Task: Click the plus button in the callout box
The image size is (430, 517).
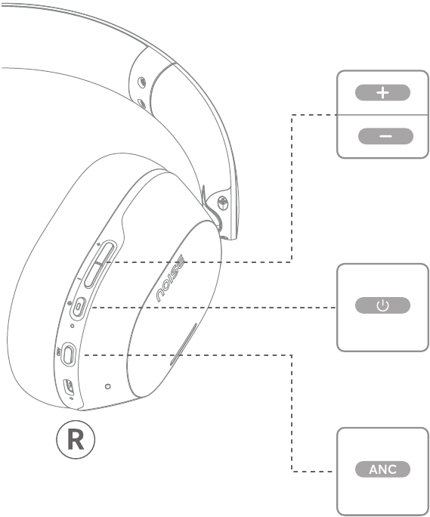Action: click(x=382, y=93)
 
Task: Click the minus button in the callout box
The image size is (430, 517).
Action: click(x=385, y=136)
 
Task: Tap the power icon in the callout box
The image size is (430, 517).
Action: click(x=382, y=305)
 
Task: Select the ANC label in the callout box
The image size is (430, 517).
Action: click(x=382, y=469)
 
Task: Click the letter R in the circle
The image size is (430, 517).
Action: click(x=76, y=439)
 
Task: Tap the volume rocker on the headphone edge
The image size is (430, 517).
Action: click(x=100, y=265)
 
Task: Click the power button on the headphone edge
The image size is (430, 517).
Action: click(x=79, y=307)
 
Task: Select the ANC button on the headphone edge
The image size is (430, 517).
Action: click(x=68, y=354)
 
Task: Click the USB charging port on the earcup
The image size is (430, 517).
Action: click(x=69, y=387)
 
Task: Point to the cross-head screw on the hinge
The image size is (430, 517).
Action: click(x=223, y=203)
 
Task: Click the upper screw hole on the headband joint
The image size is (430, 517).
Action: click(x=142, y=82)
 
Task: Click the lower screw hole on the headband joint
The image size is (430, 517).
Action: click(x=142, y=104)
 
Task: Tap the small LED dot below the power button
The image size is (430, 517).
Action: click(x=73, y=326)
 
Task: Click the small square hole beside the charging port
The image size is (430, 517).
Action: click(x=107, y=386)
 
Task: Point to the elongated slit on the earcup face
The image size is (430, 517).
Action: click(x=184, y=344)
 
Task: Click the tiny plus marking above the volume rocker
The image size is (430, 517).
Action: click(x=98, y=244)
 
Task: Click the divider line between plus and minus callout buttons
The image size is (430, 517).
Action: click(x=382, y=115)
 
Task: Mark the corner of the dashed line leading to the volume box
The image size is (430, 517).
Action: click(x=292, y=262)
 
